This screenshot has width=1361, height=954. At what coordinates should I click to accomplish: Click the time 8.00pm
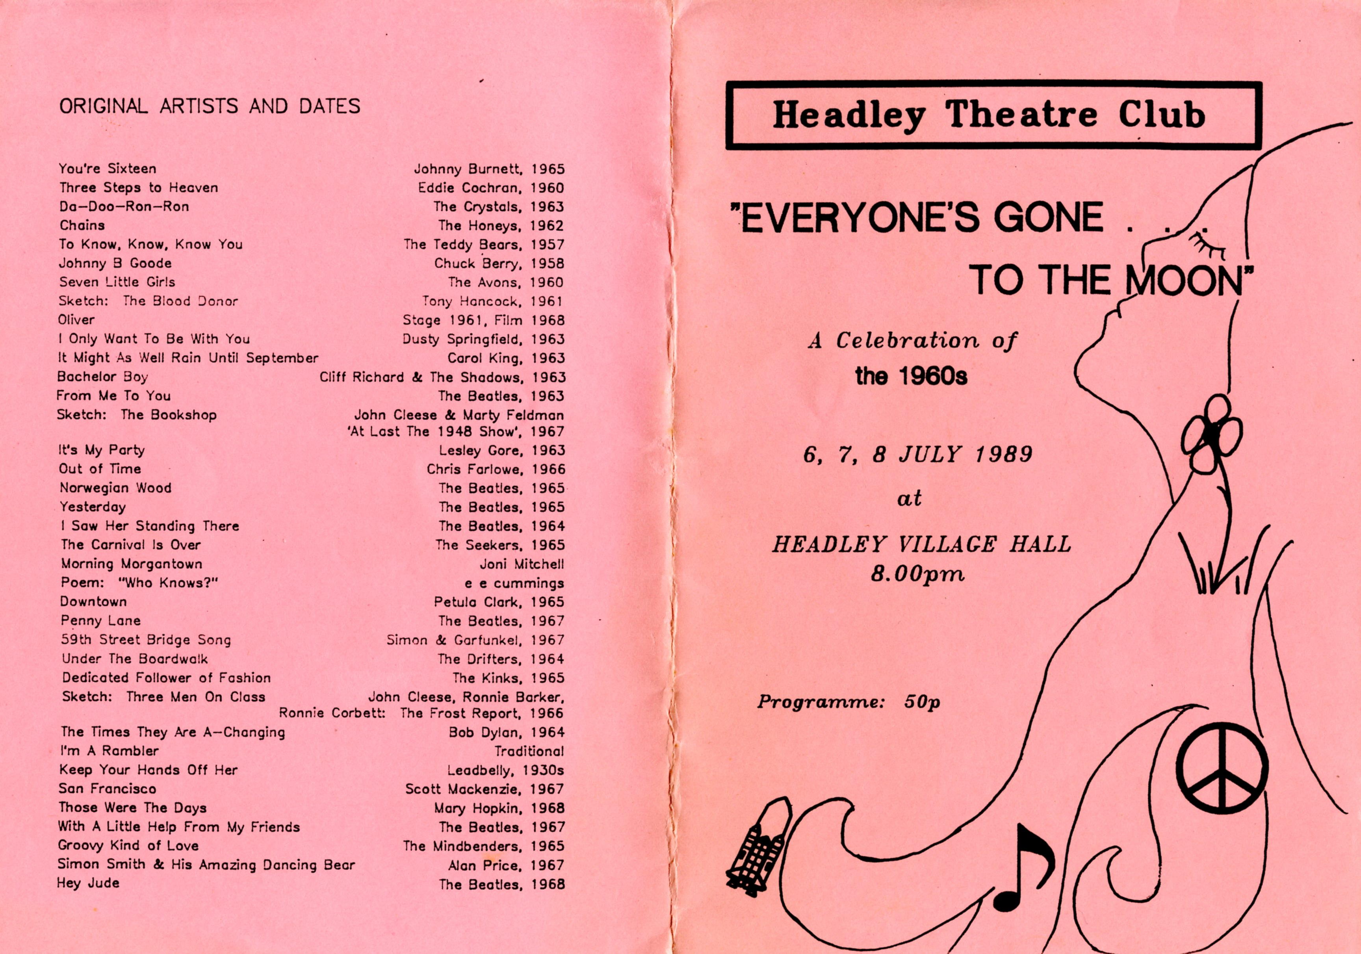click(917, 574)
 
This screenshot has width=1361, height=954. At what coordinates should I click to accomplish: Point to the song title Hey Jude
click(88, 883)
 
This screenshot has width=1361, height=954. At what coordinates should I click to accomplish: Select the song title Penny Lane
click(101, 620)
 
